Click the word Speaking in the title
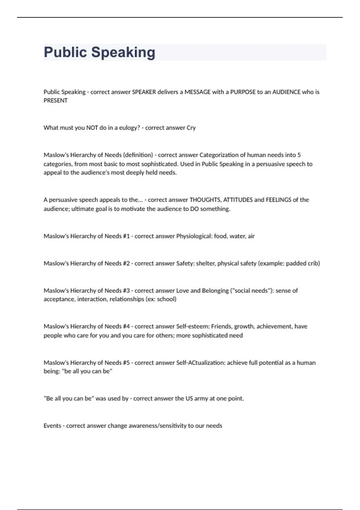click(x=123, y=52)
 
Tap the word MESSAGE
click(x=197, y=92)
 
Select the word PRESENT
click(x=55, y=101)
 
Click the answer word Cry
click(x=191, y=128)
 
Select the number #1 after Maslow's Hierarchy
click(x=126, y=236)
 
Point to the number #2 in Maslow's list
click(x=126, y=263)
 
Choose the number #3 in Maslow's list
click(x=126, y=291)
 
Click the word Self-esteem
click(x=193, y=326)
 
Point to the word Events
click(x=52, y=426)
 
